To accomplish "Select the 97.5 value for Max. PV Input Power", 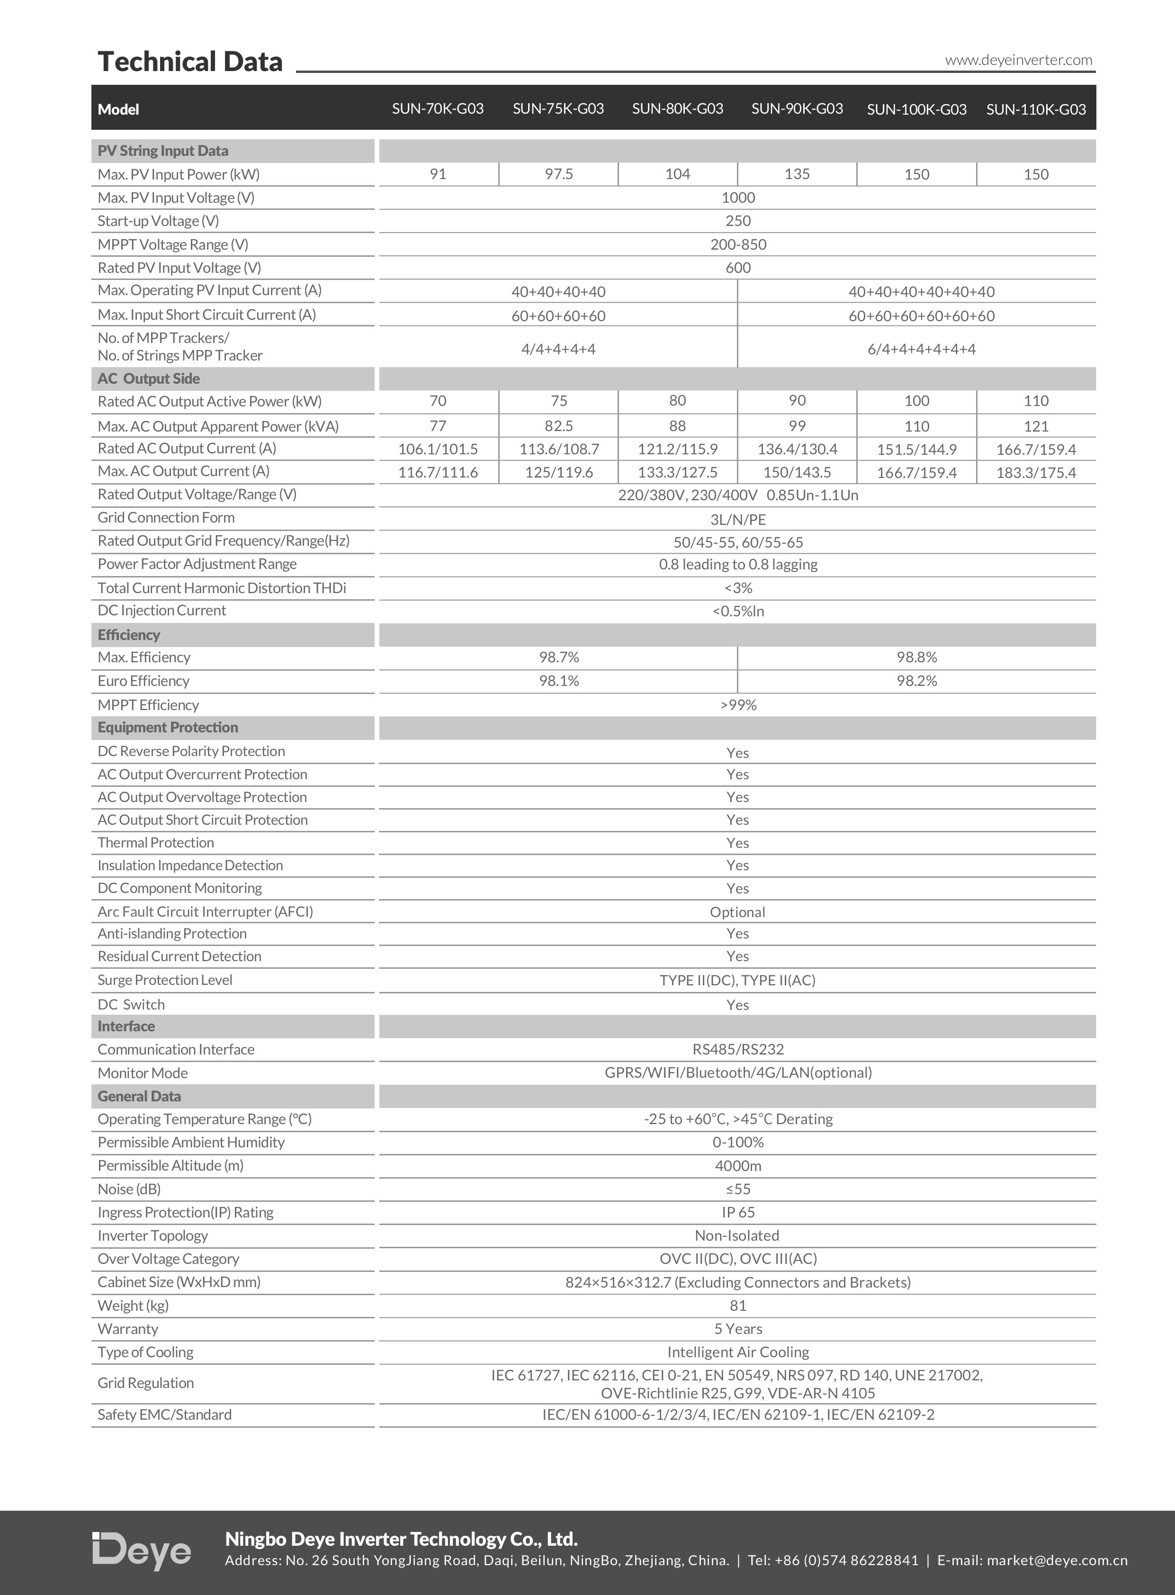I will tap(558, 174).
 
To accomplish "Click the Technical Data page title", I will tap(190, 62).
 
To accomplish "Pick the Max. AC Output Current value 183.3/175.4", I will tap(1036, 472).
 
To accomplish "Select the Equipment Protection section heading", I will tap(168, 728).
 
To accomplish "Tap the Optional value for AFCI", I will tap(737, 912).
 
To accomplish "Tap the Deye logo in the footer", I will tap(142, 1551).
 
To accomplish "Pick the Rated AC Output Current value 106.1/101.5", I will tap(438, 450).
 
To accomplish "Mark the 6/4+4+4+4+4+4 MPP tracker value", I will tap(921, 349).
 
